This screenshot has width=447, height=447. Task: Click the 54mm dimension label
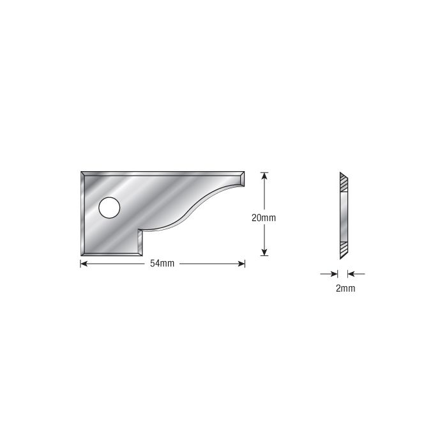pos(162,263)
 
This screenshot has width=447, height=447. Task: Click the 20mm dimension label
pos(264,218)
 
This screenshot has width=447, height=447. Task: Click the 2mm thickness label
pos(345,289)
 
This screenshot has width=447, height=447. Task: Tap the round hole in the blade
pos(109,208)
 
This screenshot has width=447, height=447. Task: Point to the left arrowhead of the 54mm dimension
pos(84,264)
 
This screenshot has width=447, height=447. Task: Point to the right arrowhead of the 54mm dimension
pos(241,264)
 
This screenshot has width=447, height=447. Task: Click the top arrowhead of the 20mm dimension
pos(264,176)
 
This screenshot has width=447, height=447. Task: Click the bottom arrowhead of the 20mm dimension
pos(264,252)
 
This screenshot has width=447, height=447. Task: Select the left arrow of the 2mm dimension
pos(329,274)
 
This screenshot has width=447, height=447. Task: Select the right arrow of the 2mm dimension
pos(356,274)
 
